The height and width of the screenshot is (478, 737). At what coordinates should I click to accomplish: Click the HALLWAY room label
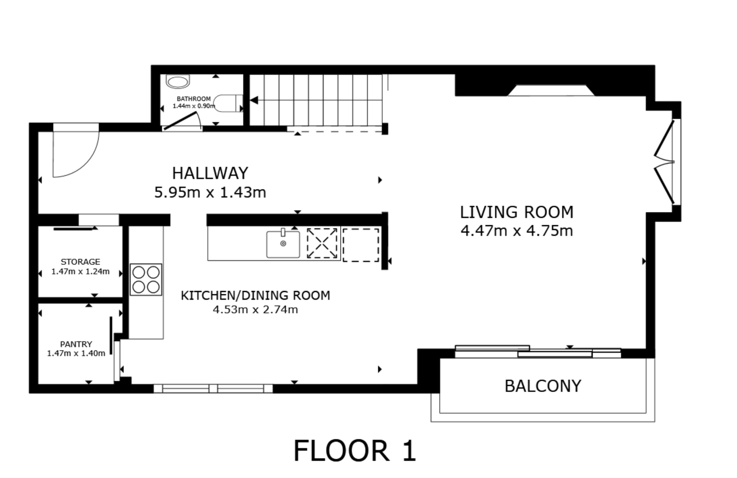210,173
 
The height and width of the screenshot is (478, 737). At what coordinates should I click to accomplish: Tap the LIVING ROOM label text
516,212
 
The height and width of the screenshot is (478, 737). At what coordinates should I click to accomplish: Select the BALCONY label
543,386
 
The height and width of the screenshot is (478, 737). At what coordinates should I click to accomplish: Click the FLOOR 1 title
355,451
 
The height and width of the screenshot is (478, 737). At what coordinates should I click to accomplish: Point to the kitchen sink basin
283,244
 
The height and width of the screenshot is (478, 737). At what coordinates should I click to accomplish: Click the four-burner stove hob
146,279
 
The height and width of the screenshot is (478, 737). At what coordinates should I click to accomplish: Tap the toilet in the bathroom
228,103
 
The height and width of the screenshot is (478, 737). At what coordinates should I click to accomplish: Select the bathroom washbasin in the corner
178,81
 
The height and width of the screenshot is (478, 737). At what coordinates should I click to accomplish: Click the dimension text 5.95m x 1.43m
210,192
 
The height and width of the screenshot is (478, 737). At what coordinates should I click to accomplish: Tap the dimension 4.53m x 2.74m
255,310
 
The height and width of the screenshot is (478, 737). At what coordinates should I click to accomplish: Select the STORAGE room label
80,262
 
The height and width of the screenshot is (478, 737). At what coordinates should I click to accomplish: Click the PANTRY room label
76,344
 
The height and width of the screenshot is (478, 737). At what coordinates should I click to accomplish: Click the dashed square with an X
322,243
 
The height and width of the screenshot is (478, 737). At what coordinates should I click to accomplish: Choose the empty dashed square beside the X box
361,245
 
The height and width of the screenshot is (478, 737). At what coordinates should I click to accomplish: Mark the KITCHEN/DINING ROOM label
255,295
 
